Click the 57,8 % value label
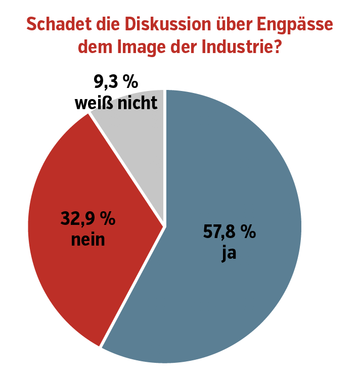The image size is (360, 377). pyautogui.click(x=230, y=233)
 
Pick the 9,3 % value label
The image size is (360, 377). pyautogui.click(x=116, y=81)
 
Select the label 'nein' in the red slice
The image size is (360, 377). pyautogui.click(x=88, y=239)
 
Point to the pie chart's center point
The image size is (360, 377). pyautogui.click(x=165, y=226)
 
